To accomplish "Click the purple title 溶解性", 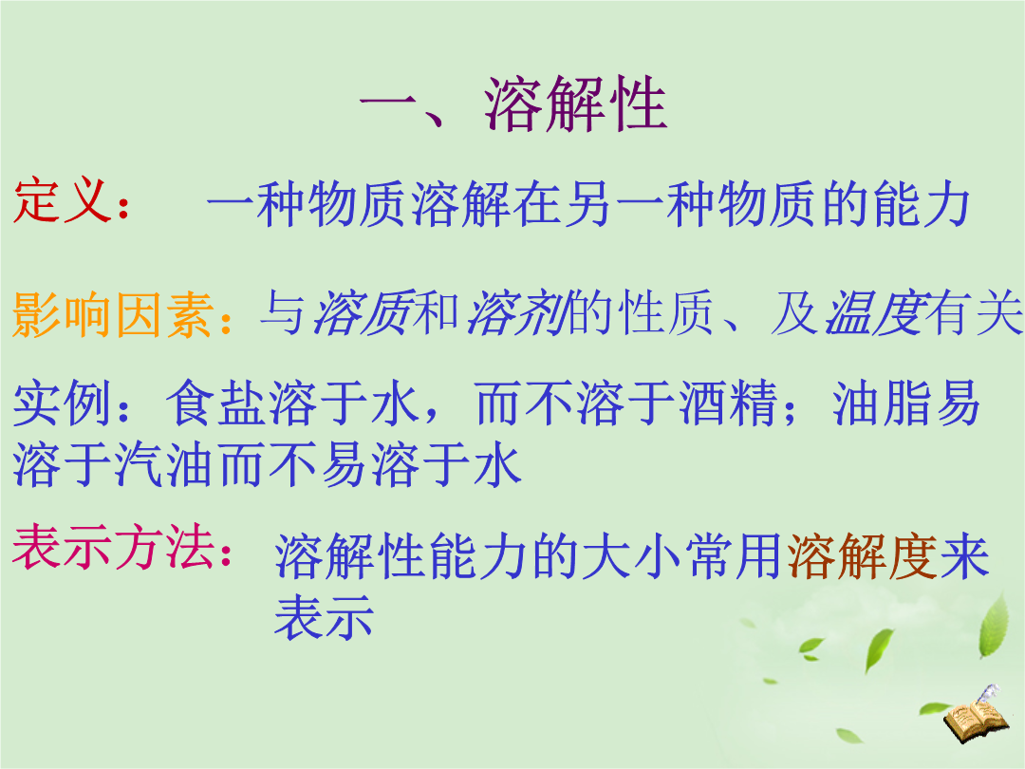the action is [576, 104].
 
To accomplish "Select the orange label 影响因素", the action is [114, 314].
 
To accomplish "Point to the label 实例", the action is [62, 403].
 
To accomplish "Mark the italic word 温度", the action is [877, 312].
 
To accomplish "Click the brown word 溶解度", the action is [862, 556].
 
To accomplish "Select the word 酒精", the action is [729, 403].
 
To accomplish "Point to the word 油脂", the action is [883, 403].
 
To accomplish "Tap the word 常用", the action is [735, 556].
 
